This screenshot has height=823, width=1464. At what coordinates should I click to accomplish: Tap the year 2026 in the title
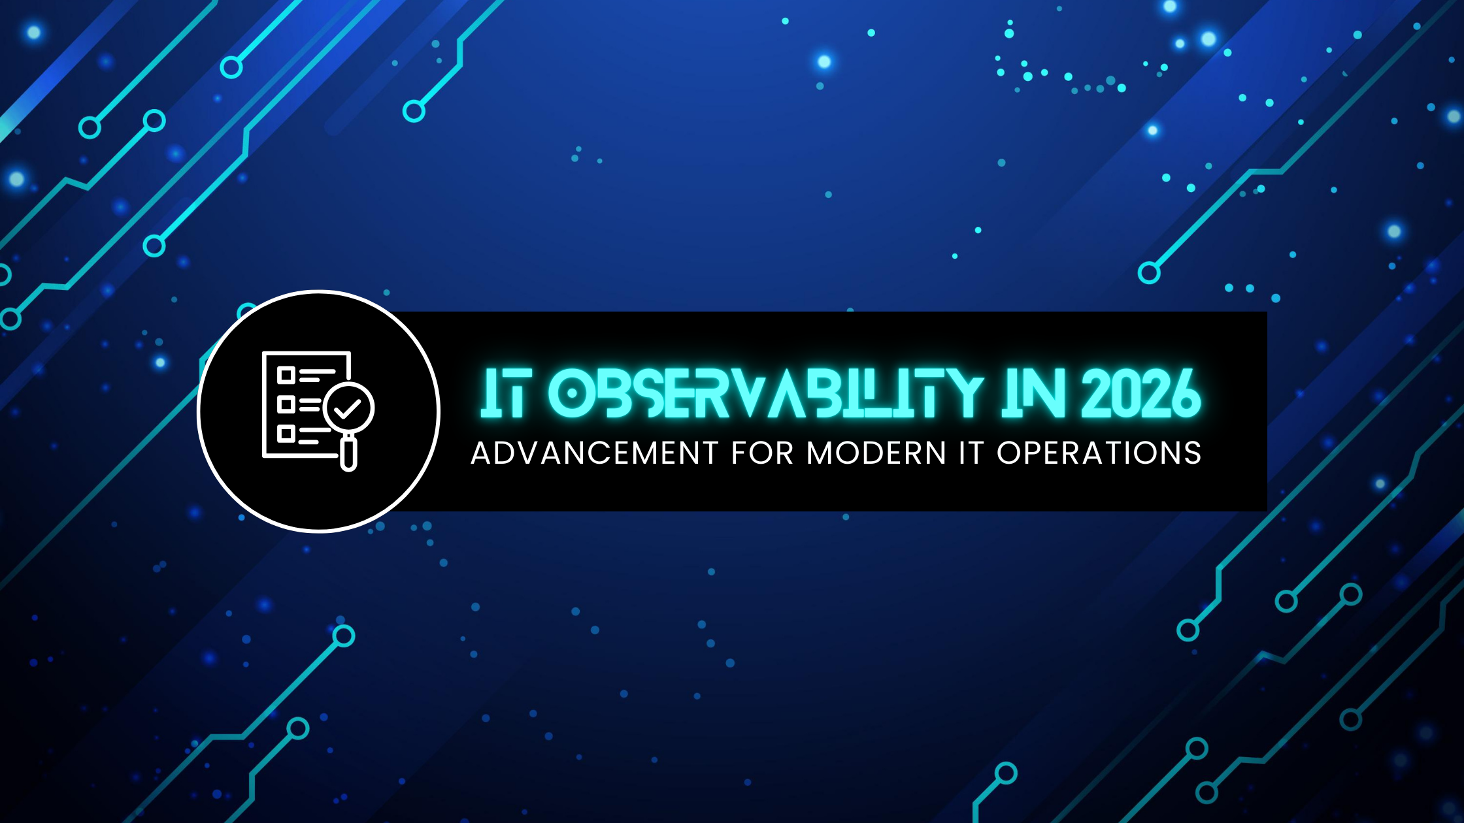pyautogui.click(x=1140, y=394)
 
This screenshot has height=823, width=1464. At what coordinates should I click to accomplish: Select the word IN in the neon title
pyautogui.click(x=1033, y=394)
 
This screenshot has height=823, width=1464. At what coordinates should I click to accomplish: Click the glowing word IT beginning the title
pyautogui.click(x=504, y=394)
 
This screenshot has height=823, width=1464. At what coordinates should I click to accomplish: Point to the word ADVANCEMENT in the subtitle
pyautogui.click(x=595, y=453)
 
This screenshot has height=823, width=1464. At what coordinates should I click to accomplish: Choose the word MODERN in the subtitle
pyautogui.click(x=876, y=453)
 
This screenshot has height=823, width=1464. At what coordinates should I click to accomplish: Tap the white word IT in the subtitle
pyautogui.click(x=971, y=453)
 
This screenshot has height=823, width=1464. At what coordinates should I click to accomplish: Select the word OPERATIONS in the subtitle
pyautogui.click(x=1099, y=453)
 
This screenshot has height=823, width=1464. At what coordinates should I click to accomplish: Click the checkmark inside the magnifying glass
pyautogui.click(x=348, y=409)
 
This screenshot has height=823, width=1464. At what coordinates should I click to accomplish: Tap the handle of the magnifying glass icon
pyautogui.click(x=349, y=455)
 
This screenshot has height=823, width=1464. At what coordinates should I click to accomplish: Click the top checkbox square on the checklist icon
pyautogui.click(x=286, y=375)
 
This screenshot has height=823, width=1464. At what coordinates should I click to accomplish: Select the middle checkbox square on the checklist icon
pyautogui.click(x=286, y=404)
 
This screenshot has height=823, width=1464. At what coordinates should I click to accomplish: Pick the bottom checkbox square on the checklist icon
pyautogui.click(x=286, y=434)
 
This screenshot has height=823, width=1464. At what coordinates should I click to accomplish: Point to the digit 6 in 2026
pyautogui.click(x=1185, y=394)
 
